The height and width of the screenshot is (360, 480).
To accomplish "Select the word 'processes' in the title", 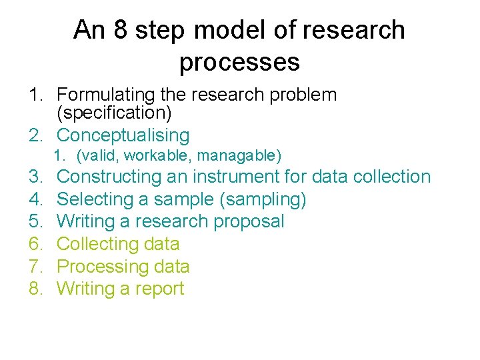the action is pyautogui.click(x=239, y=62).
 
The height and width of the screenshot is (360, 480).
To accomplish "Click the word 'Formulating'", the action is pyautogui.click(x=107, y=95).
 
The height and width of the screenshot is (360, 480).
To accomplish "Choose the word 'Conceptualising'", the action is pyautogui.click(x=123, y=135).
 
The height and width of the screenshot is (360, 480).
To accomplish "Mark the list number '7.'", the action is pyautogui.click(x=35, y=267).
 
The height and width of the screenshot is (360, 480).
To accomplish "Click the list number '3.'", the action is pyautogui.click(x=35, y=177).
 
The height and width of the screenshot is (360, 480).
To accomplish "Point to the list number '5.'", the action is pyautogui.click(x=35, y=221).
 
